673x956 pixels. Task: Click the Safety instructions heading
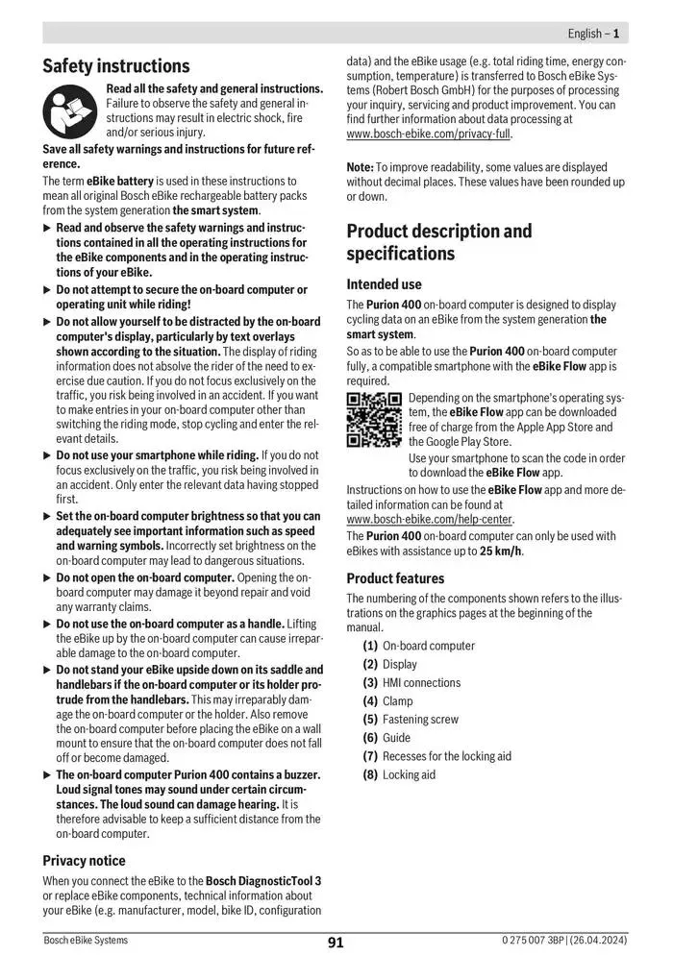click(x=116, y=66)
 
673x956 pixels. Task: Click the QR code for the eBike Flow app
click(x=374, y=419)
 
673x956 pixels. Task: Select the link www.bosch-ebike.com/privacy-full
click(x=429, y=135)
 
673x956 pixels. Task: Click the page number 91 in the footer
click(x=336, y=943)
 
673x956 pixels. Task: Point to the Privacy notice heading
click(x=84, y=860)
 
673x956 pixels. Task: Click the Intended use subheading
click(x=384, y=284)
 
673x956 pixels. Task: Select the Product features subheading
click(x=395, y=578)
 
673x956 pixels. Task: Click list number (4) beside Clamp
click(x=370, y=701)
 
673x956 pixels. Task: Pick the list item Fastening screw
click(x=420, y=720)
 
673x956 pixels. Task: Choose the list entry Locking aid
click(x=409, y=774)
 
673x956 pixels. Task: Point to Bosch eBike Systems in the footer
click(x=86, y=941)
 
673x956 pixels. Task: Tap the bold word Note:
click(x=360, y=167)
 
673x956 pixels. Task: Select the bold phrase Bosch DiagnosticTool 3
click(x=262, y=880)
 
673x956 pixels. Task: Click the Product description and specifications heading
click(x=438, y=242)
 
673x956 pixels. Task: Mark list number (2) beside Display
click(x=370, y=665)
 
